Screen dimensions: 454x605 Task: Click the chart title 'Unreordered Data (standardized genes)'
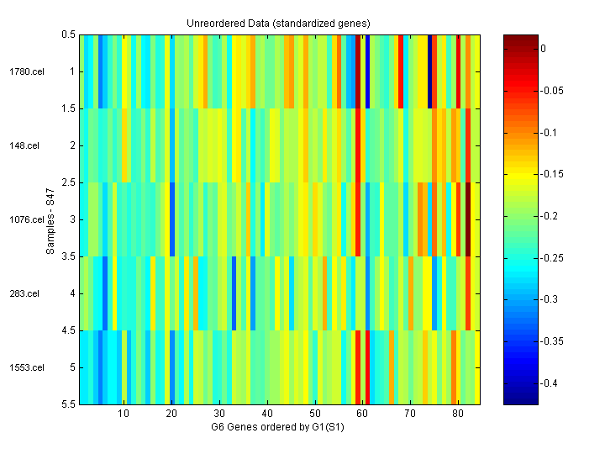[x=278, y=23]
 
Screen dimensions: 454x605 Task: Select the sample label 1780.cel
[x=25, y=71]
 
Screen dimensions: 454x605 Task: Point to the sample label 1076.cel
[x=25, y=219]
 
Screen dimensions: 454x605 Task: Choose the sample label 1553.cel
[x=25, y=367]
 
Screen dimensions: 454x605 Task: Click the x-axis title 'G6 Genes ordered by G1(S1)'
[x=279, y=427]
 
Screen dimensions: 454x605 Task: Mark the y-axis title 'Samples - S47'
[x=50, y=219]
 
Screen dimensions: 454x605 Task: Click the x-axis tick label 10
[x=124, y=414]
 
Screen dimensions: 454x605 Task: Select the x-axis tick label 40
[x=267, y=414]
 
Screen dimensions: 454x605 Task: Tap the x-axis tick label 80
[x=458, y=414]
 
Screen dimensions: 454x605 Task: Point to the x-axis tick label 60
[x=362, y=414]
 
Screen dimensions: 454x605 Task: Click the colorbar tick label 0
[x=544, y=49]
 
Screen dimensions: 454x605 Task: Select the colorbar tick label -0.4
[x=551, y=383]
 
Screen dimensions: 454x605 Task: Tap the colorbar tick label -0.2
[x=551, y=216]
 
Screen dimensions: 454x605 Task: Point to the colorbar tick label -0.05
[x=554, y=91]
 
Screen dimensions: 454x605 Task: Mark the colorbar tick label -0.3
[x=551, y=299]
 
